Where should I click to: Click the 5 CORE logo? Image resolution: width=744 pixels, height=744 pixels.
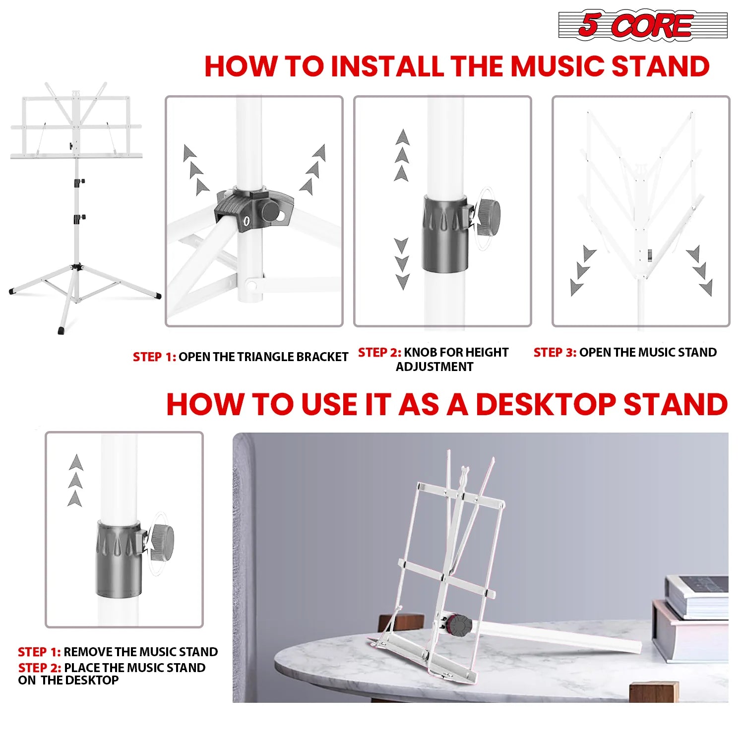pos(643,25)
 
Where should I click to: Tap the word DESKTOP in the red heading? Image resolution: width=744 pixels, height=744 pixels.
pos(546,404)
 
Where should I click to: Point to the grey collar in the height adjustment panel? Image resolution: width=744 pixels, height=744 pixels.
pos(445,233)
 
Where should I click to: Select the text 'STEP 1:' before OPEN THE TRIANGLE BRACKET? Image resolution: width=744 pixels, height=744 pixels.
pos(154,357)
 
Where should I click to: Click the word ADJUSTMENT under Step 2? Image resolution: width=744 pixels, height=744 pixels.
pos(434,367)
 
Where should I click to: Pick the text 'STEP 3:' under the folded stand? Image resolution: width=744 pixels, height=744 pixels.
pos(555,353)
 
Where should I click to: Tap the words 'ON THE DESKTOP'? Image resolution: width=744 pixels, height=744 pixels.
pos(68,681)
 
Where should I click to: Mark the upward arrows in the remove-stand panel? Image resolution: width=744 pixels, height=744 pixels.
pos(75,480)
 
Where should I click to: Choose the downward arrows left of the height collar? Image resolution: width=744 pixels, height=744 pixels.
pos(402,263)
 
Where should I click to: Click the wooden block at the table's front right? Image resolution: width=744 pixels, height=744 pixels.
pos(653,692)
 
